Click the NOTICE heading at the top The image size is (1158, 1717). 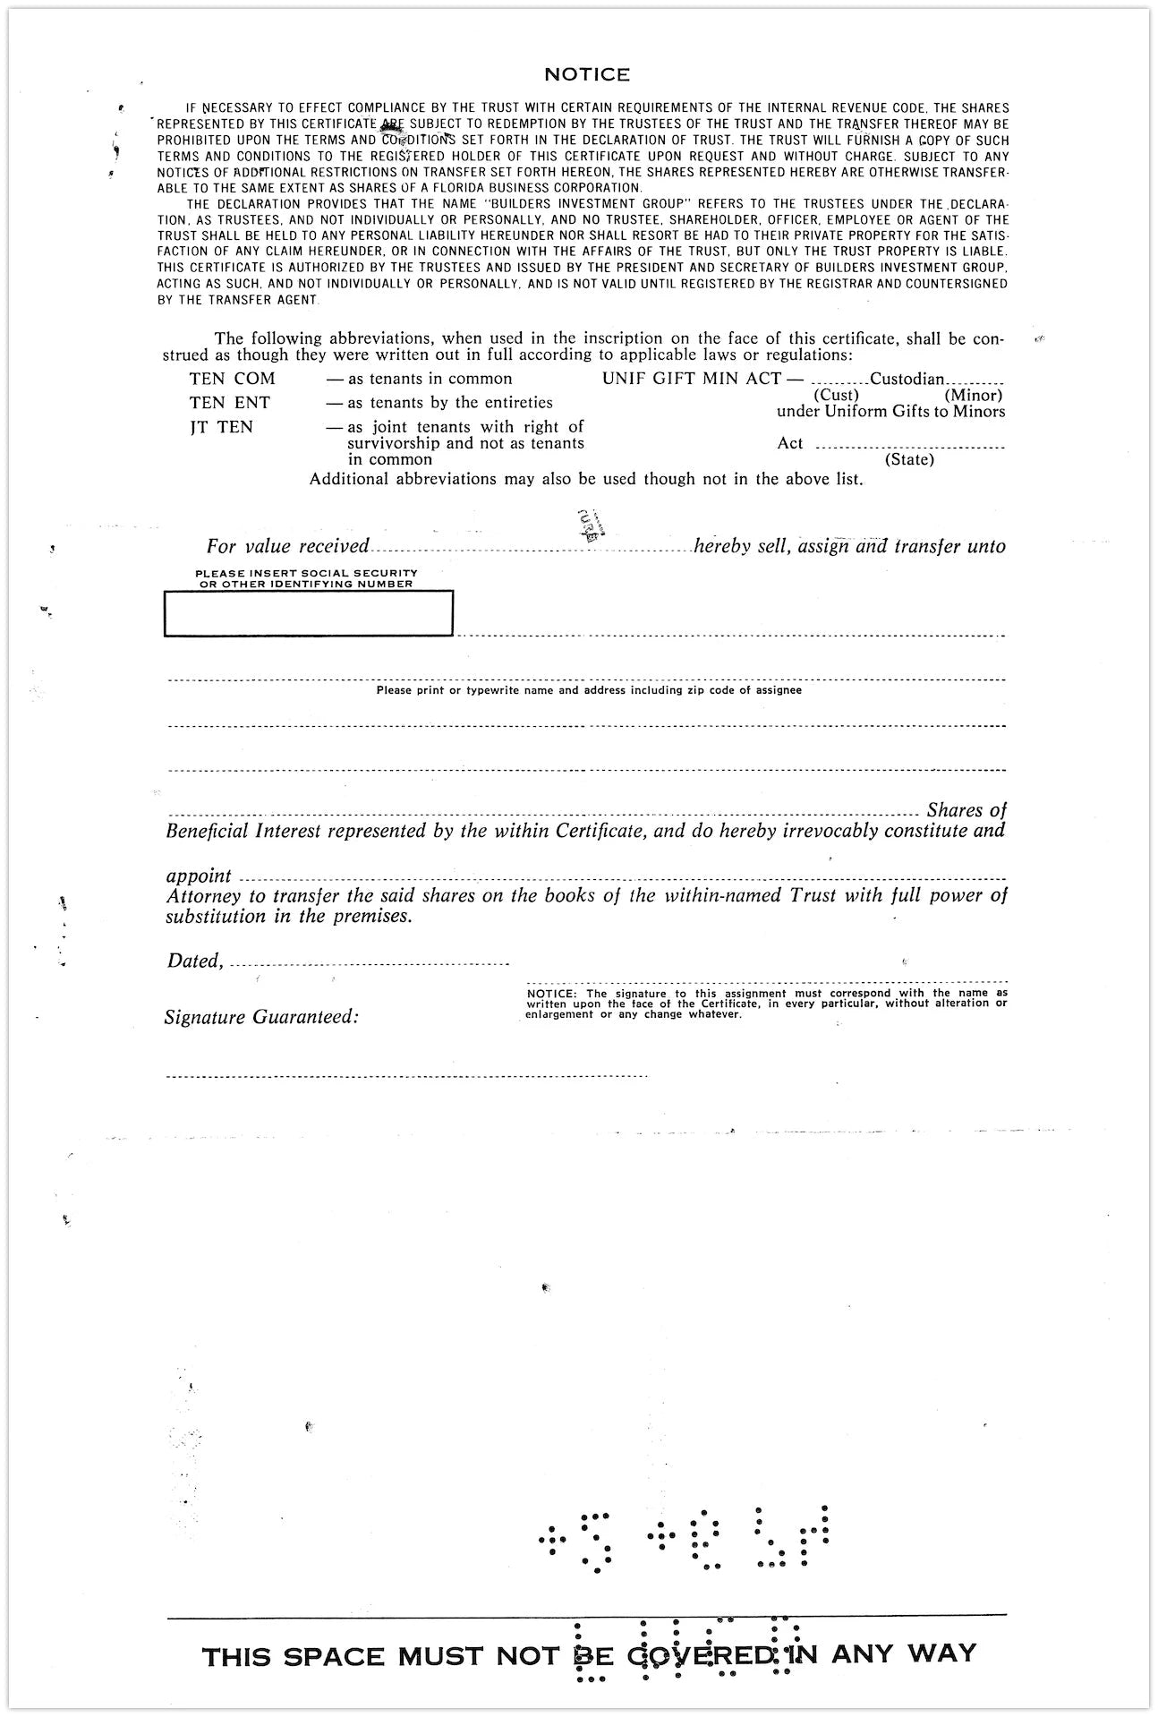pyautogui.click(x=586, y=74)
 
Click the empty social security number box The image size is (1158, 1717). pyautogui.click(x=308, y=614)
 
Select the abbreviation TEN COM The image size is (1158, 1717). pyautogui.click(x=232, y=379)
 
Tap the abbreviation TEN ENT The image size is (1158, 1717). pyautogui.click(x=229, y=403)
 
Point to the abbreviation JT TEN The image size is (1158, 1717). pyautogui.click(x=221, y=427)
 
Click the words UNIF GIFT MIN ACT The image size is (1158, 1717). pyautogui.click(x=691, y=379)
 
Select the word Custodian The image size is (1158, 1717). pyautogui.click(x=907, y=379)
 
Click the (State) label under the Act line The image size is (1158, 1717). pyautogui.click(x=909, y=460)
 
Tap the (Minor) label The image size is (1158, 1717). pyautogui.click(x=973, y=395)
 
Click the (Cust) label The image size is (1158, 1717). pyautogui.click(x=836, y=395)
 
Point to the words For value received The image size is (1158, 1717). pyautogui.click(x=287, y=546)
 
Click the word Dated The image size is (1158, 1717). pyautogui.click(x=193, y=961)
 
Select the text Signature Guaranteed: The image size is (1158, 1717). pyautogui.click(x=261, y=1017)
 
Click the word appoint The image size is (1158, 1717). pyautogui.click(x=199, y=876)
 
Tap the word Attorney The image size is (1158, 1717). pyautogui.click(x=203, y=896)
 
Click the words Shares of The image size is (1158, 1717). pyautogui.click(x=966, y=810)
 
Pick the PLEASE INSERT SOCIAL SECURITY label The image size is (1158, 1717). pyautogui.click(x=306, y=573)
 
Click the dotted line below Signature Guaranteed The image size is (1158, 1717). pyautogui.click(x=406, y=1076)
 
